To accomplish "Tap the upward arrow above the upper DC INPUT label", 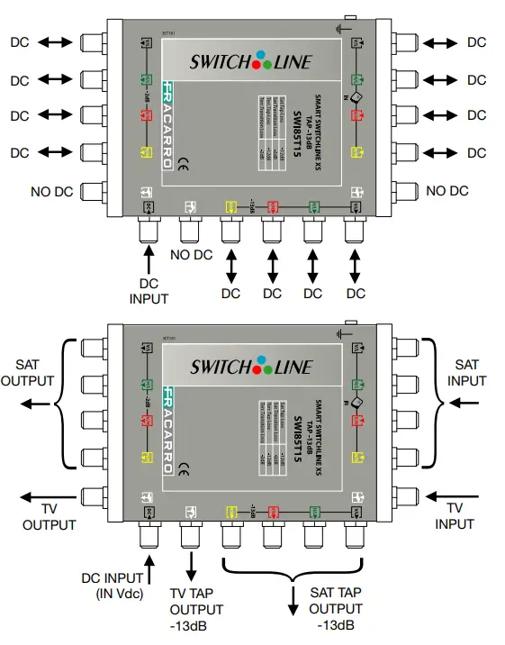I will point(149,263).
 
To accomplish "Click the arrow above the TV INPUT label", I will point(455,495).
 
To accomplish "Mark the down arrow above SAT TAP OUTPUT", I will point(291,599).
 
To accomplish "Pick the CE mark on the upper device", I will point(181,164).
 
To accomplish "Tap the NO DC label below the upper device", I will point(191,255).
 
